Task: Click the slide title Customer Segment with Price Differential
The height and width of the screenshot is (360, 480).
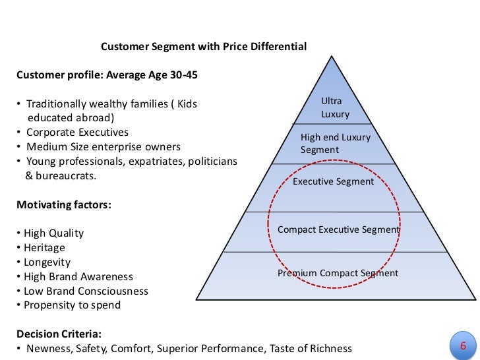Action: (x=203, y=47)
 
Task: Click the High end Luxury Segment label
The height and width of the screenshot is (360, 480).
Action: (x=336, y=144)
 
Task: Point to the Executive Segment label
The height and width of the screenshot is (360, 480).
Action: (x=333, y=181)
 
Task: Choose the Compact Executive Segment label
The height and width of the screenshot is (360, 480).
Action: (x=338, y=229)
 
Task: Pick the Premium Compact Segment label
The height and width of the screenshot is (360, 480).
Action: (x=338, y=273)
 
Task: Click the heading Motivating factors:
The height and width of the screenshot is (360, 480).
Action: (x=64, y=204)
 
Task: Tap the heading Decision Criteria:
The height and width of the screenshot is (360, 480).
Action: (x=59, y=334)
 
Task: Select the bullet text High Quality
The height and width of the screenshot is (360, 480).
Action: (x=53, y=233)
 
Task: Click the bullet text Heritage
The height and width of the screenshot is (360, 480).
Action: (x=44, y=248)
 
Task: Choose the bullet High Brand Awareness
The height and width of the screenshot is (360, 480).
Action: (x=78, y=277)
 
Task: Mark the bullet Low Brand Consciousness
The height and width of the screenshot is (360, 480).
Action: (x=86, y=291)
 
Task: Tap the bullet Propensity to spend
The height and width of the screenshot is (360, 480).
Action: (x=72, y=305)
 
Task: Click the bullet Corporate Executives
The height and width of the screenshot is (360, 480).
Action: (x=77, y=132)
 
